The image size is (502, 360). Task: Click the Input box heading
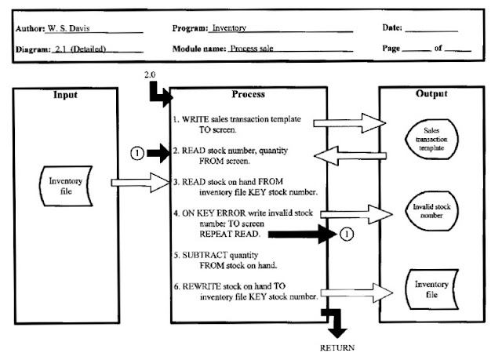click(x=64, y=95)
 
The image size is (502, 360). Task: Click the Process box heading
click(x=249, y=94)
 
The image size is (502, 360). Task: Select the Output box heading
click(x=431, y=94)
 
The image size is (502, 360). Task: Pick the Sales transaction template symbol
click(x=431, y=138)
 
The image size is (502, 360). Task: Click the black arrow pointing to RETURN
click(x=336, y=323)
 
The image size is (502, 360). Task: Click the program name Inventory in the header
click(x=228, y=28)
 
